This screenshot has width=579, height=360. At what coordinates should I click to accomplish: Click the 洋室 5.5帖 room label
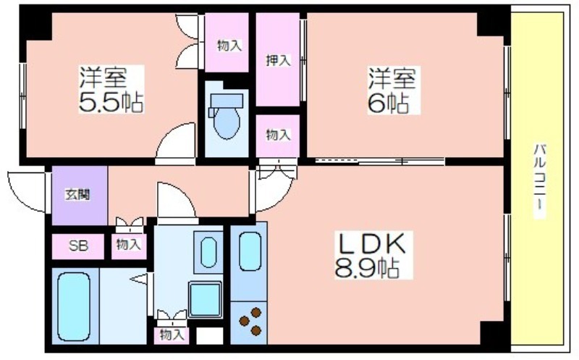click(x=111, y=89)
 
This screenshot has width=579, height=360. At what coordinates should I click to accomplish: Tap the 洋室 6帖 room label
click(x=392, y=90)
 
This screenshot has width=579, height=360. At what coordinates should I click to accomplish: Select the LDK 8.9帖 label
click(x=371, y=256)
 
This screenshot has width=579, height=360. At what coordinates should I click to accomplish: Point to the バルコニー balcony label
click(x=540, y=177)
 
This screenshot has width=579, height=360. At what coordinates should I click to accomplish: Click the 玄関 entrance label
click(x=78, y=194)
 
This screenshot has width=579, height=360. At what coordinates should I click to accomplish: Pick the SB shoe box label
click(x=78, y=246)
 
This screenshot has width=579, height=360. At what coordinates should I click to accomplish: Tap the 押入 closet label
click(x=279, y=60)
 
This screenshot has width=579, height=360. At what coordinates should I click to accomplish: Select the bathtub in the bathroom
click(x=75, y=306)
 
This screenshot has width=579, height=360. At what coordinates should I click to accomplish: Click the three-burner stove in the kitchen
click(x=250, y=321)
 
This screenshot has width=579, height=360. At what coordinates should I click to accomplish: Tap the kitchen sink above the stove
click(x=250, y=254)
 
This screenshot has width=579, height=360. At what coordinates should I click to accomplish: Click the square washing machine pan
click(x=206, y=300)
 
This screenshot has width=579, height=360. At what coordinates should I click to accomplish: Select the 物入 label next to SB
click(x=129, y=244)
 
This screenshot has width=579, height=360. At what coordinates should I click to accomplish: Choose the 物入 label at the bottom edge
click(x=172, y=335)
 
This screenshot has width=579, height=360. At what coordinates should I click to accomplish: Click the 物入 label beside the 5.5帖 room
click(x=229, y=46)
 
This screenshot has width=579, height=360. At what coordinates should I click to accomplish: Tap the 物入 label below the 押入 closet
click(x=279, y=135)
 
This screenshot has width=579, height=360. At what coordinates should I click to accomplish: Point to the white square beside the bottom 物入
click(x=209, y=336)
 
